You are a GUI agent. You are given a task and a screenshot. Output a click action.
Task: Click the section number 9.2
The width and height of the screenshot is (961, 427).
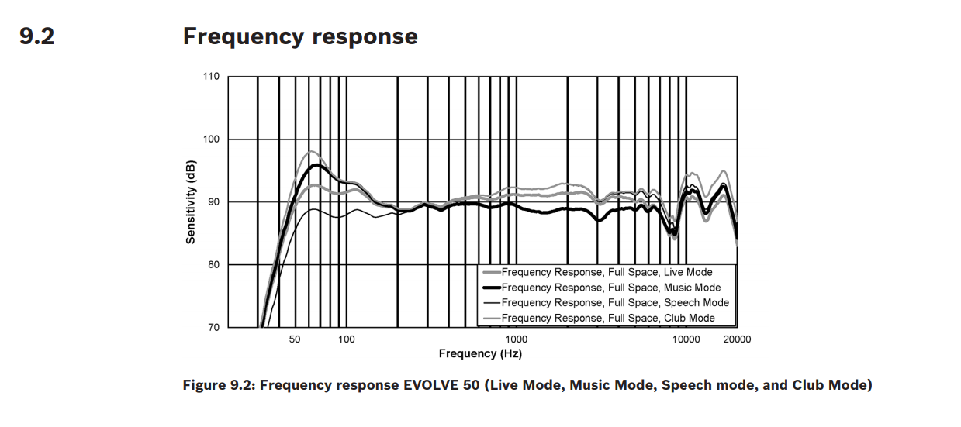pyautogui.click(x=37, y=36)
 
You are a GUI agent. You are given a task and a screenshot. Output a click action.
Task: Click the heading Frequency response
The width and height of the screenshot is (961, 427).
pyautogui.click(x=299, y=36)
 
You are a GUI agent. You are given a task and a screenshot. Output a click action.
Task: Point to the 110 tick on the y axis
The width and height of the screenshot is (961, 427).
pyautogui.click(x=212, y=77)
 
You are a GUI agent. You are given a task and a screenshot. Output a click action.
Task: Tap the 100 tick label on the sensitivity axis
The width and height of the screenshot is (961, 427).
pyautogui.click(x=212, y=139)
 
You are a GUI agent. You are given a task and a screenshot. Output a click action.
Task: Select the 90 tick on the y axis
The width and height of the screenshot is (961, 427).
pyautogui.click(x=214, y=202)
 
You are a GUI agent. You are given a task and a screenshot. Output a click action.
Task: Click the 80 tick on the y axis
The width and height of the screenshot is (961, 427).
pyautogui.click(x=214, y=265)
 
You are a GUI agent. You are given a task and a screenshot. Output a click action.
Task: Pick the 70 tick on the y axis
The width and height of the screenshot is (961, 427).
pyautogui.click(x=214, y=327)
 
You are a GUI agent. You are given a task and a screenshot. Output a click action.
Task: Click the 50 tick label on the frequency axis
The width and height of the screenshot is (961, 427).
pyautogui.click(x=295, y=339)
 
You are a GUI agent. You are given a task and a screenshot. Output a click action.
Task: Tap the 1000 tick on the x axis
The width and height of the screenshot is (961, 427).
pyautogui.click(x=516, y=339)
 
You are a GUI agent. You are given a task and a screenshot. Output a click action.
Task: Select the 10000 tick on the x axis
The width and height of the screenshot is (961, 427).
pyautogui.click(x=686, y=339)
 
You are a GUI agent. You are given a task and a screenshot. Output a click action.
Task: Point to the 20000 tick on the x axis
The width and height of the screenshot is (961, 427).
pyautogui.click(x=736, y=339)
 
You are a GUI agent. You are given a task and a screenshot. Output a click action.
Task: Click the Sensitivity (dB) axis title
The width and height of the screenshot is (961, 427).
pyautogui.click(x=191, y=201)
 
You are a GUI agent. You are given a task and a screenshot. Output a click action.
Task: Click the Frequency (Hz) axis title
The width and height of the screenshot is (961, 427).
pyautogui.click(x=479, y=353)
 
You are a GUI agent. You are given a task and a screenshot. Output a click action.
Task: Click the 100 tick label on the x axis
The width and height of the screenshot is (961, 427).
pyautogui.click(x=346, y=339)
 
